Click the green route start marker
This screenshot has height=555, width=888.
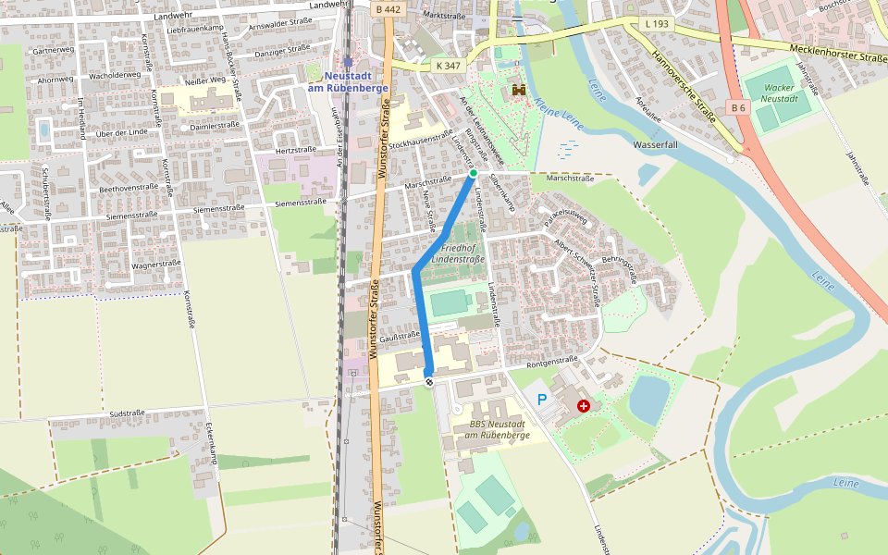tap(473, 173)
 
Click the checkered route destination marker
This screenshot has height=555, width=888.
tap(429, 380)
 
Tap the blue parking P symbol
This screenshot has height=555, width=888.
tap(542, 400)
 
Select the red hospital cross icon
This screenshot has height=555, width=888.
tap(583, 405)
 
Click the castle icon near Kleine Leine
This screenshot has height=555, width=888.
tap(519, 91)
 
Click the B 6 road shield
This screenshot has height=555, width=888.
tap(737, 107)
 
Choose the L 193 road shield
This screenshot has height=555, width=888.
tap(657, 22)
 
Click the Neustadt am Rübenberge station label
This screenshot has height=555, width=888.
tap(347, 80)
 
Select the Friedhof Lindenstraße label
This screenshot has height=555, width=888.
tap(462, 253)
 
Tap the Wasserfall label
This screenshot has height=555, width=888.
tap(656, 145)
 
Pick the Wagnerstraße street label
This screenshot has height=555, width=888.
tap(155, 265)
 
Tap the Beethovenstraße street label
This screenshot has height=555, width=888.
tap(129, 188)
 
